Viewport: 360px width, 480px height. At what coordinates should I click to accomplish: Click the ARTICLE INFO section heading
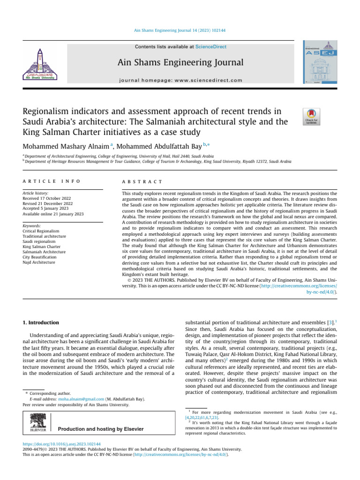[52, 181]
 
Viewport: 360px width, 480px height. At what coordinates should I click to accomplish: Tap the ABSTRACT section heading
[142, 181]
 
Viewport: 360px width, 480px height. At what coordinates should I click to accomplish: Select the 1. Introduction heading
[41, 322]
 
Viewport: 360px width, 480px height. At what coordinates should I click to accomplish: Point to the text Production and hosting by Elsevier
[100, 429]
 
